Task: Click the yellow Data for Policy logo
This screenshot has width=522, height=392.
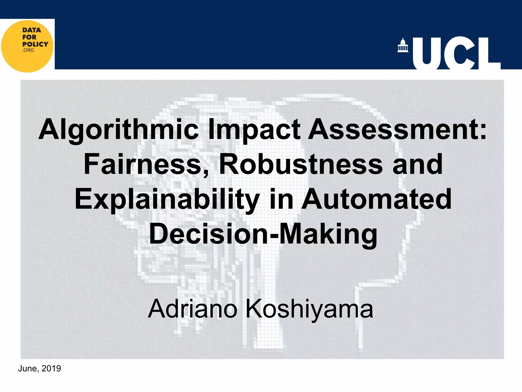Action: [x=27, y=46]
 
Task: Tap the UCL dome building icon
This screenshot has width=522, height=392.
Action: [x=403, y=45]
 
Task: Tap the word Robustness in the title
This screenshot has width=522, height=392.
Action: [x=301, y=164]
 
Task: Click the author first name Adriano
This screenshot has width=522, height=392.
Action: [x=193, y=309]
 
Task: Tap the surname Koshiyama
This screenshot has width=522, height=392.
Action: [x=309, y=309]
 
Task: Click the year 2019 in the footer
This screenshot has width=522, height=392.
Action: [x=51, y=369]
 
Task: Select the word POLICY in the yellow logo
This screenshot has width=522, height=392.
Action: [x=35, y=44]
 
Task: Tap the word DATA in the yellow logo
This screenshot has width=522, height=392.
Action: [x=32, y=30]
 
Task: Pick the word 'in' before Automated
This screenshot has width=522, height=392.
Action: [x=280, y=199]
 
